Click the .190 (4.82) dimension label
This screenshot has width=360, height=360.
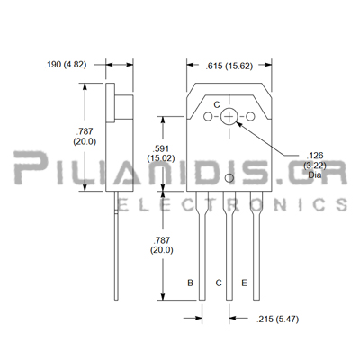[66, 65]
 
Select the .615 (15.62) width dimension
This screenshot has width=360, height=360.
[229, 66]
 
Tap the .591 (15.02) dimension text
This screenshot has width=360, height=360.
[161, 153]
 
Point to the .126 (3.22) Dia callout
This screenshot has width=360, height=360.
[315, 165]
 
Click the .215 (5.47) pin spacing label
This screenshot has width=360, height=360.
[277, 319]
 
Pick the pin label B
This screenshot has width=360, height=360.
[190, 283]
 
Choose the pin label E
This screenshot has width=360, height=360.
[244, 283]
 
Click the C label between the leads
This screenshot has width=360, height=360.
[219, 283]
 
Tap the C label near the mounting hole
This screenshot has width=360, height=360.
[217, 104]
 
